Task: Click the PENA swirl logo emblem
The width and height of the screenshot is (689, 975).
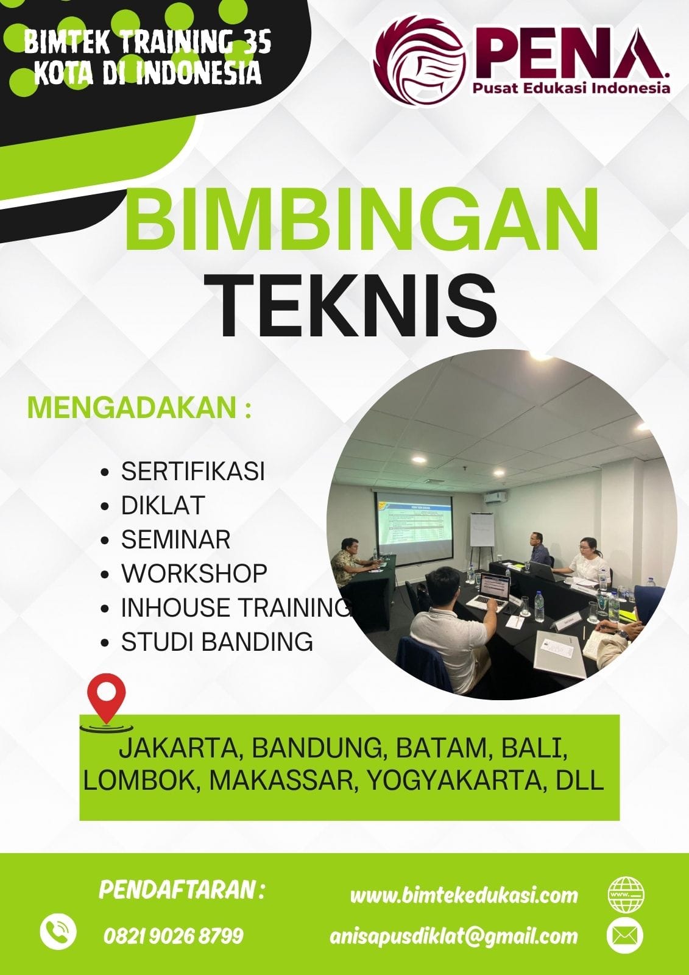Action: (420, 62)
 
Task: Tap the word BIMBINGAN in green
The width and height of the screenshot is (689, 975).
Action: (361, 218)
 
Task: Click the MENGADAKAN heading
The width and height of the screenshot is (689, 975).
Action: (140, 408)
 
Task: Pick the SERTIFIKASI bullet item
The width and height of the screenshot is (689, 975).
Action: (193, 471)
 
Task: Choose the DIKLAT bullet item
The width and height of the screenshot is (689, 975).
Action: (163, 505)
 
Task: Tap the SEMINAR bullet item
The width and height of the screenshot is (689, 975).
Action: (175, 539)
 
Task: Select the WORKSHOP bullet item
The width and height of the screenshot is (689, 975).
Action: (194, 573)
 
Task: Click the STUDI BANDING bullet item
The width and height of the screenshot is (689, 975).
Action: (217, 642)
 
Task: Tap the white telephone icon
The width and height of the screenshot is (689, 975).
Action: (58, 932)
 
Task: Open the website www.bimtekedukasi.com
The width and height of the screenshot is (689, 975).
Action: (464, 895)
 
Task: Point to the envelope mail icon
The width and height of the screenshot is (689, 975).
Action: (625, 935)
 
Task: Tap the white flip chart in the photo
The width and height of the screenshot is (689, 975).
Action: (482, 530)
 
